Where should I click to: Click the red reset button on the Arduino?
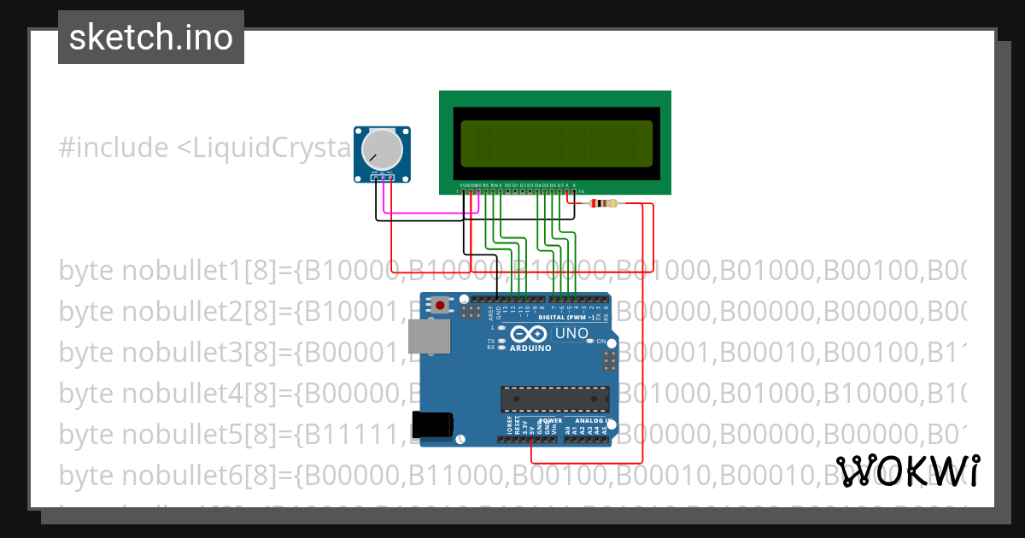pyautogui.click(x=441, y=305)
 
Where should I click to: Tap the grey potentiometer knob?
pyautogui.click(x=381, y=150)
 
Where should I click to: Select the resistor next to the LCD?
pyautogui.click(x=605, y=203)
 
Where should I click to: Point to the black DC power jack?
pyautogui.click(x=430, y=425)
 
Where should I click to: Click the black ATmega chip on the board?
pyautogui.click(x=554, y=399)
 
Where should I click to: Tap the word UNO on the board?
pyautogui.click(x=571, y=333)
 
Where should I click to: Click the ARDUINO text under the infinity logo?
pyautogui.click(x=530, y=348)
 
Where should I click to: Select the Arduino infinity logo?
pyautogui.click(x=530, y=334)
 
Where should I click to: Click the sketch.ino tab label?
pyautogui.click(x=151, y=38)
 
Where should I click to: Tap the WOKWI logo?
pyautogui.click(x=907, y=471)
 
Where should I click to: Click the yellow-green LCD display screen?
pyautogui.click(x=555, y=143)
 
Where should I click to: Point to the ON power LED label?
pyautogui.click(x=600, y=342)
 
